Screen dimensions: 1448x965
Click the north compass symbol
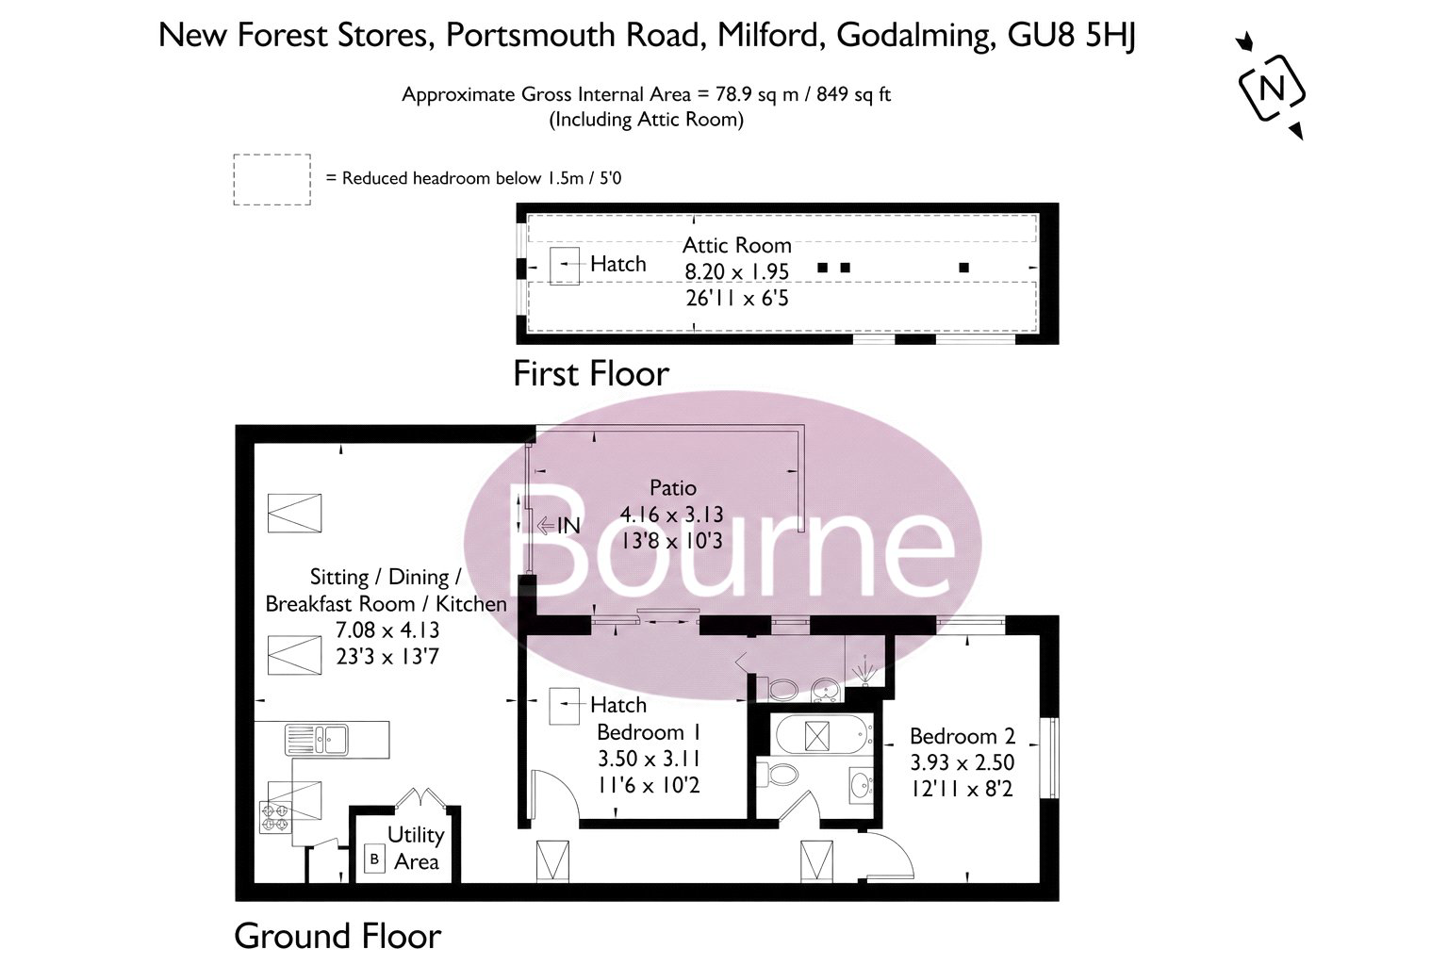click(1272, 88)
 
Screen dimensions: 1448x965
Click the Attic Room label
click(737, 245)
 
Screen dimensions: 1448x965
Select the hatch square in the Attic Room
click(565, 266)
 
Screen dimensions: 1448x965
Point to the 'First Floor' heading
click(591, 373)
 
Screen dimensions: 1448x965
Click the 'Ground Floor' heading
click(337, 935)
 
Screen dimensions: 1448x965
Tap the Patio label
click(673, 487)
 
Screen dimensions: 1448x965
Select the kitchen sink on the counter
click(317, 740)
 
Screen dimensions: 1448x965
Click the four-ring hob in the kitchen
click(275, 817)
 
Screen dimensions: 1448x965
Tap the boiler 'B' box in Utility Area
click(374, 859)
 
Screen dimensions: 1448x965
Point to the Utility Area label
click(416, 848)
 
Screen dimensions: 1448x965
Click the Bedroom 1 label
click(649, 732)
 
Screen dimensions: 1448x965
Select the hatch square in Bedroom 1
click(565, 707)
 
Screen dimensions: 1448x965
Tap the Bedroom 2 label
click(963, 736)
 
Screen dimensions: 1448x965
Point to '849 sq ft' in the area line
click(853, 94)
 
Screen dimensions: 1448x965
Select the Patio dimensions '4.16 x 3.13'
click(671, 515)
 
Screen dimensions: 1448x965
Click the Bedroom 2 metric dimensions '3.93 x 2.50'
click(963, 762)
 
